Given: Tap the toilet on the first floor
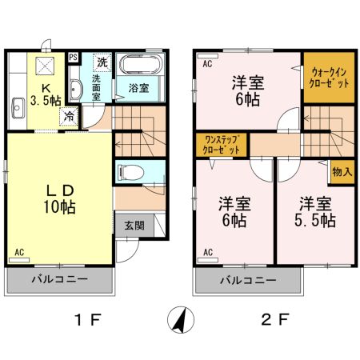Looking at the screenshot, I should (131, 171).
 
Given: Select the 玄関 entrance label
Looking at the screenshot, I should (134, 225).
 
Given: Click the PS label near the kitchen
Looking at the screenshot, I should (73, 57).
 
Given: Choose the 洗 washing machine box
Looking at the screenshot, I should (102, 62).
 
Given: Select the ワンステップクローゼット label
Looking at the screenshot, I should (222, 144).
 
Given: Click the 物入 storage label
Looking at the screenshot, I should (342, 172).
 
